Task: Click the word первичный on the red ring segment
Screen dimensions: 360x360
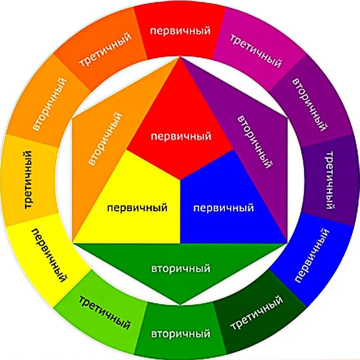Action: [180, 31]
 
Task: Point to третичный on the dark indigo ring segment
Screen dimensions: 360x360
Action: [330, 180]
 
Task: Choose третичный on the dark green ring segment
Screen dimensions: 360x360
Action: [256, 312]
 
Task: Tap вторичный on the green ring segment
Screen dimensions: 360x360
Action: [181, 334]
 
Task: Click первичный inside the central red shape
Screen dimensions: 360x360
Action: [181, 136]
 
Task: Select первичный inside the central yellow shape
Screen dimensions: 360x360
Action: [137, 208]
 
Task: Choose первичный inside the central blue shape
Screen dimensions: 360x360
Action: [223, 208]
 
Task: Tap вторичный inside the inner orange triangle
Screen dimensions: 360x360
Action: [105, 138]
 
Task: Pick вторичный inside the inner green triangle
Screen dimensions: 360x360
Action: [181, 268]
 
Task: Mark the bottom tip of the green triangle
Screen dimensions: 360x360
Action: [180, 305]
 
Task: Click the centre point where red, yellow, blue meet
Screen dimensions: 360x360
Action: [180, 180]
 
